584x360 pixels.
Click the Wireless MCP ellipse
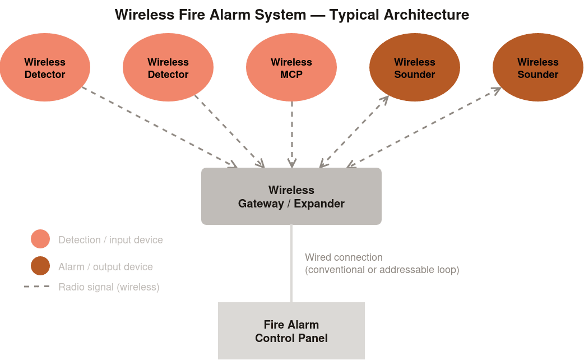(x=291, y=68)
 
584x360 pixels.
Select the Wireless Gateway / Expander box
(x=291, y=196)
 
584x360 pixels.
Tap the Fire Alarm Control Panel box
(x=291, y=331)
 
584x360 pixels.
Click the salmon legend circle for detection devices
(x=40, y=239)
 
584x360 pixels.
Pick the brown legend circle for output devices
(x=40, y=266)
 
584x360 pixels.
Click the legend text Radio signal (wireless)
(x=109, y=287)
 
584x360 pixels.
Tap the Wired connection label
(x=344, y=257)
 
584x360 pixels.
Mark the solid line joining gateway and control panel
(x=291, y=264)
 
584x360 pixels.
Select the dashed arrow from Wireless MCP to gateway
(x=291, y=135)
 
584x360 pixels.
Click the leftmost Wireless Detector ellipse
(x=45, y=68)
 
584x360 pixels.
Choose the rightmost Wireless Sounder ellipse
(x=538, y=68)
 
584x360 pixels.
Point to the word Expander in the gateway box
(x=319, y=204)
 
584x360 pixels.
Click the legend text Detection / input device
(x=110, y=240)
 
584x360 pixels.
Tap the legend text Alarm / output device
(x=105, y=267)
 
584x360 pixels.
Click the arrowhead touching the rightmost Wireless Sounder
(x=497, y=89)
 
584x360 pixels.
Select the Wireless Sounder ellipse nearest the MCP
(x=415, y=68)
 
